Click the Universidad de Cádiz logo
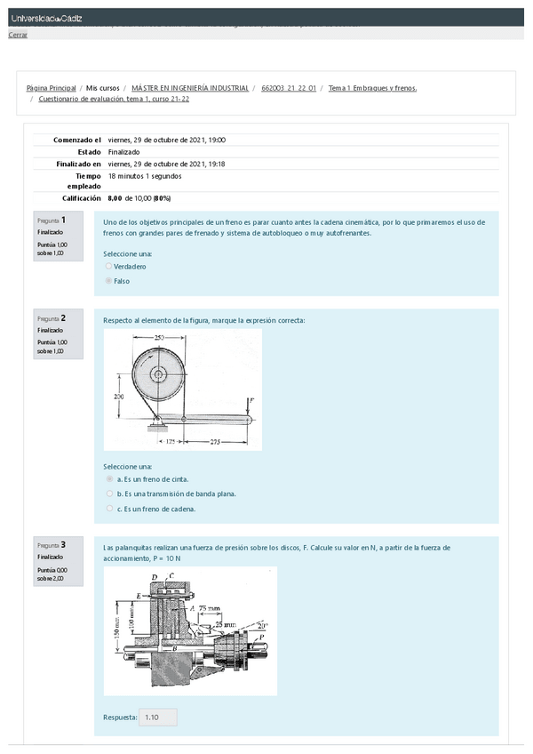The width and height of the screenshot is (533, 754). tap(46, 18)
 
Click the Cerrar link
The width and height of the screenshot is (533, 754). tap(18, 35)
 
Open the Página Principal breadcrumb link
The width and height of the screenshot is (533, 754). tap(51, 88)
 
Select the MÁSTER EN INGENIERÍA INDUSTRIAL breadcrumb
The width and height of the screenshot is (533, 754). tap(190, 88)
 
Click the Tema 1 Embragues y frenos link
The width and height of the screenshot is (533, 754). tap(372, 88)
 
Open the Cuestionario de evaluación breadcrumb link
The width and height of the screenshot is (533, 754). tap(114, 99)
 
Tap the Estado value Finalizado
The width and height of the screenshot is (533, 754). tap(123, 151)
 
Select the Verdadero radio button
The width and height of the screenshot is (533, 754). tap(108, 266)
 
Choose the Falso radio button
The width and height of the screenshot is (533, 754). tap(108, 280)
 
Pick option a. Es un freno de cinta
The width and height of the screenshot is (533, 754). tap(109, 478)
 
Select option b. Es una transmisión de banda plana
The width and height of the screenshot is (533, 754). tap(109, 493)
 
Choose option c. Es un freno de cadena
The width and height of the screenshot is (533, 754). tap(109, 509)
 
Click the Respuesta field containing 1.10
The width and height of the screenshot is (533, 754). tap(158, 717)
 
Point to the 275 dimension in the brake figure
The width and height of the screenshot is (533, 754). tap(211, 441)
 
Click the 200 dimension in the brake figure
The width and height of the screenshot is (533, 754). tap(118, 396)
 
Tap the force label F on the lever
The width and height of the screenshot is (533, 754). tap(251, 401)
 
